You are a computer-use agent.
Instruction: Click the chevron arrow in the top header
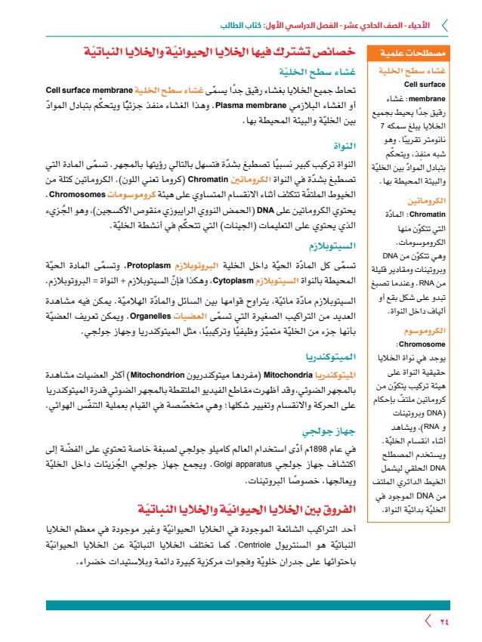[x=444, y=25]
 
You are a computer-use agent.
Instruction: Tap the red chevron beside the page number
[x=428, y=622]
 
